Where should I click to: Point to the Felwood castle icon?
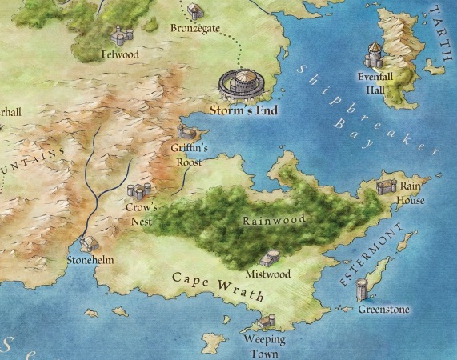[x=122, y=36]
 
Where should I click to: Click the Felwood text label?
[x=121, y=55]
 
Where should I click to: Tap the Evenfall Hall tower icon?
[x=374, y=55]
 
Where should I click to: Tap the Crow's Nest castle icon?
[x=139, y=192]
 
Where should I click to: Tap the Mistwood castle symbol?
[x=271, y=258]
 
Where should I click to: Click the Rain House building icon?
[x=386, y=186]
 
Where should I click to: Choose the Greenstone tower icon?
[x=362, y=288]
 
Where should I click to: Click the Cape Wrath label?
[x=218, y=285]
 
